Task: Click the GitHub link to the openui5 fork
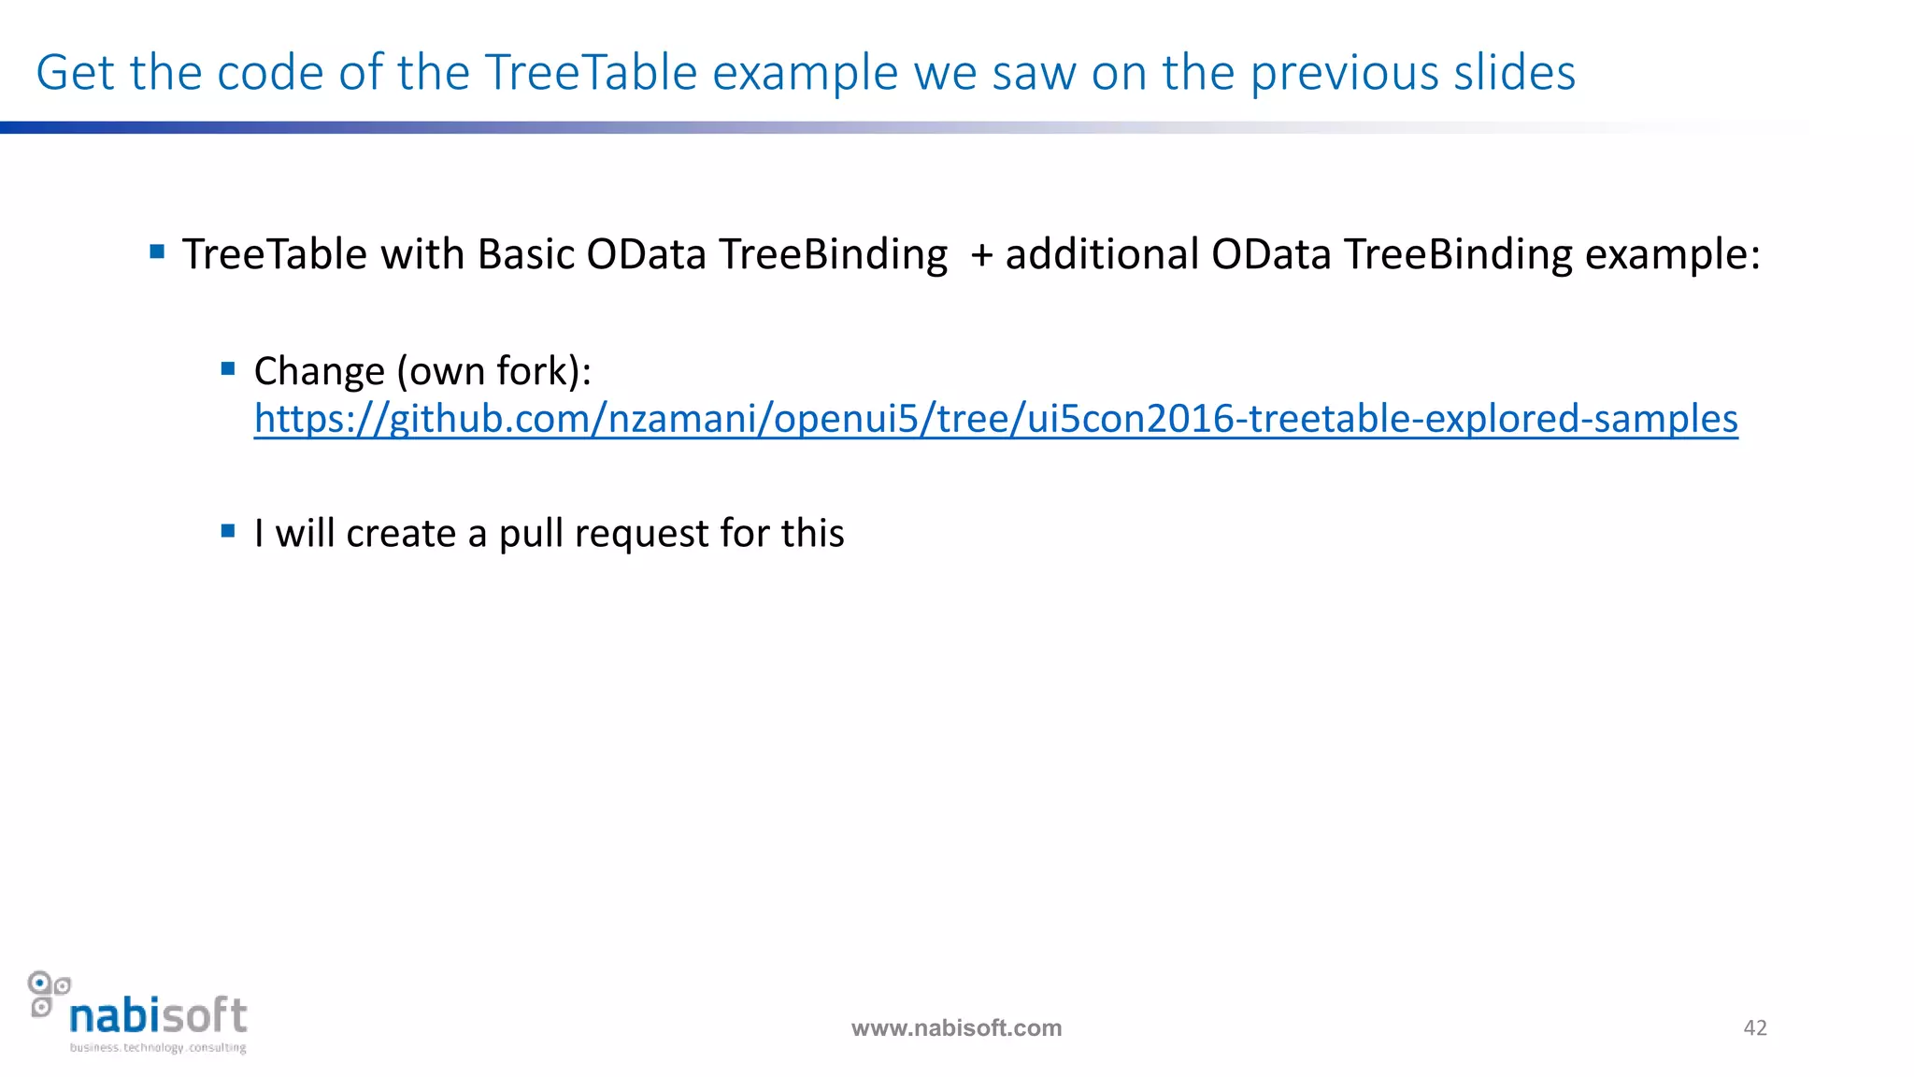point(995,419)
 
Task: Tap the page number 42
point(1755,1027)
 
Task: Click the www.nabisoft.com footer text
point(956,1028)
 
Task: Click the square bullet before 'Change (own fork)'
point(228,369)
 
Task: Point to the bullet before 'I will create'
point(228,531)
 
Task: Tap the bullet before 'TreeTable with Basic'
point(157,251)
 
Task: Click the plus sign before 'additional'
point(981,255)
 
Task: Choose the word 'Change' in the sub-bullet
point(319,371)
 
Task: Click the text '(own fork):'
point(494,371)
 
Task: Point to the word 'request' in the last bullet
point(642,534)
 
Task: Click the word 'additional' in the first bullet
point(1102,254)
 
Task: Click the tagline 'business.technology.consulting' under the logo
point(158,1048)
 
